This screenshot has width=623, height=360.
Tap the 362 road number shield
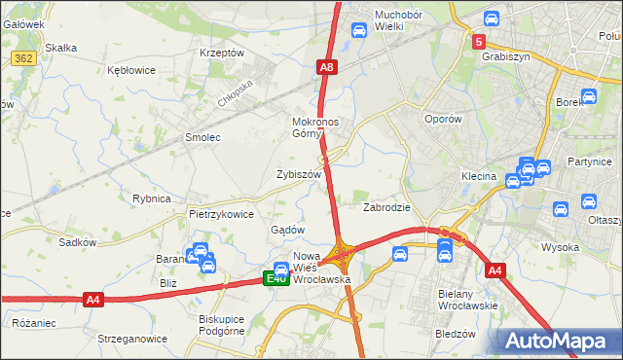tap(24, 59)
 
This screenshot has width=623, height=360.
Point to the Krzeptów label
tap(221, 53)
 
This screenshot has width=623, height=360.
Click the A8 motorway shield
tap(327, 67)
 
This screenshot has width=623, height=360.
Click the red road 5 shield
tap(479, 42)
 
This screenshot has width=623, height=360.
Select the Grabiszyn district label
tap(505, 56)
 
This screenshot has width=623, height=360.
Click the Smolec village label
tap(202, 138)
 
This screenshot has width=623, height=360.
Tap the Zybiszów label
tap(298, 174)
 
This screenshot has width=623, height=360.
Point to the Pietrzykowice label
tap(221, 213)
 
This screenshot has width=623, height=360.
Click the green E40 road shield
tap(276, 279)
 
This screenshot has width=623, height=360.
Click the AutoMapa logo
tap(560, 341)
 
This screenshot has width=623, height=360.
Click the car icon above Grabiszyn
tap(492, 18)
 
